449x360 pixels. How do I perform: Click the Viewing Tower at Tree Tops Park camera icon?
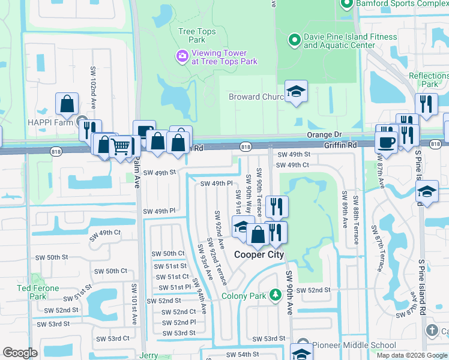coord(181,56)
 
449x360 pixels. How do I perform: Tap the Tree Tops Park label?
coord(192,35)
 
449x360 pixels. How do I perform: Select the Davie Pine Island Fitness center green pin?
coord(294,41)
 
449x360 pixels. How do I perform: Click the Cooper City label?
coord(258,254)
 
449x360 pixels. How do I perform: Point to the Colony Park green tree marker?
coord(275,295)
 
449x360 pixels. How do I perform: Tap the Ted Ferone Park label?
coord(38,292)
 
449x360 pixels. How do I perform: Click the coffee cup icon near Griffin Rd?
coord(386,142)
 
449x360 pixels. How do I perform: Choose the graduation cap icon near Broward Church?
coord(295,91)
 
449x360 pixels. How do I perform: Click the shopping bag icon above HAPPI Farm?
coord(67,104)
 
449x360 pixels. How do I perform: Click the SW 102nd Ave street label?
coord(94,88)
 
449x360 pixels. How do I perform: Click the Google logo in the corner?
coord(20,353)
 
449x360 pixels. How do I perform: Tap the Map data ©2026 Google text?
coord(411,355)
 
